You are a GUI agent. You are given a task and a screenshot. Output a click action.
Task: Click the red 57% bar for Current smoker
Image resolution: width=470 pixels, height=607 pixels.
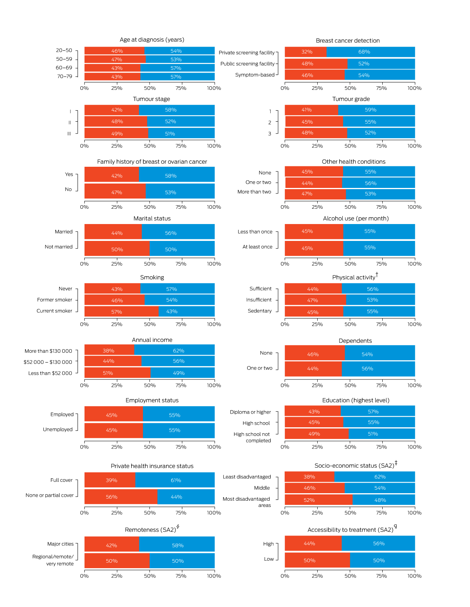click(121, 312)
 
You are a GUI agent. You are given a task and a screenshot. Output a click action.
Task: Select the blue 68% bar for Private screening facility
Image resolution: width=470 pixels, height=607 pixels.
click(371, 52)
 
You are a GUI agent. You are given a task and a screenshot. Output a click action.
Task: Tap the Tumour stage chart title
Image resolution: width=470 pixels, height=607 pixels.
click(152, 99)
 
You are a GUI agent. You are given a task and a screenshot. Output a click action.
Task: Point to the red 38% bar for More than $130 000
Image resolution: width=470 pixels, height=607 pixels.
click(109, 350)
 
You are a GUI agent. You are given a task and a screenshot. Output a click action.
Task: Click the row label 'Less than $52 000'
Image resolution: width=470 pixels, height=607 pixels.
click(50, 373)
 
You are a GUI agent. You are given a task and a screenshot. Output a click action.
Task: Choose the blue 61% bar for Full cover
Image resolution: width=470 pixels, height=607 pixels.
click(175, 480)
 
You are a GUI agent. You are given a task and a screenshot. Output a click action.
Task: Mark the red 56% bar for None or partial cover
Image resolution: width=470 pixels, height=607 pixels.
click(121, 497)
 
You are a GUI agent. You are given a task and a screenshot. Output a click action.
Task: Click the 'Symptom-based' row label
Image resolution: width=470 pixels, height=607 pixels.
click(255, 75)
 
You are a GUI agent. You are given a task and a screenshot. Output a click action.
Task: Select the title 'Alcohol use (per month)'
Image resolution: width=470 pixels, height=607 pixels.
click(356, 219)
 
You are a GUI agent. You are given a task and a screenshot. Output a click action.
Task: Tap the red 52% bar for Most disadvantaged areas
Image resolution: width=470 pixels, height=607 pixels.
click(318, 500)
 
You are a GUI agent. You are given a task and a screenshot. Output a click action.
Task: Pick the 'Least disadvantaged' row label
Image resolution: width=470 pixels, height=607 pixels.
click(247, 477)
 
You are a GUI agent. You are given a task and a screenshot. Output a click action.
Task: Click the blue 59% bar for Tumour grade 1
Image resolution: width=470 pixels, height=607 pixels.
click(376, 110)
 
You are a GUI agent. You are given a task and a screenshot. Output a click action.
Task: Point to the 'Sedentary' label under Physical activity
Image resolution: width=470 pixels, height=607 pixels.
click(260, 311)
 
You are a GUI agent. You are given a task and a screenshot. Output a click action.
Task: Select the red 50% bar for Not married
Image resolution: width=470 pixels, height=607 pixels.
click(117, 249)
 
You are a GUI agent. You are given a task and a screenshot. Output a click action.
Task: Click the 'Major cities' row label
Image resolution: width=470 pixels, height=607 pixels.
click(60, 544)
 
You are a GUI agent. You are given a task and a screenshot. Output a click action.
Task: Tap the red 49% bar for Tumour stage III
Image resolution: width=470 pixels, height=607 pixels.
click(116, 133)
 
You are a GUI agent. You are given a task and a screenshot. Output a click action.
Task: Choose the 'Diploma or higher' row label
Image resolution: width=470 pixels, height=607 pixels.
click(250, 412)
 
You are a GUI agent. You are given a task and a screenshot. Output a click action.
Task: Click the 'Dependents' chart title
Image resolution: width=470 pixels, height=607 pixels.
click(355, 341)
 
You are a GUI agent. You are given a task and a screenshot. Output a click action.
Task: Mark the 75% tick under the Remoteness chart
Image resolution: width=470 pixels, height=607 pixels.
click(181, 576)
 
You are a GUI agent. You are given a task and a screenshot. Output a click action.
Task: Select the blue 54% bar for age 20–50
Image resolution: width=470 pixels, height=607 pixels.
click(179, 51)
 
